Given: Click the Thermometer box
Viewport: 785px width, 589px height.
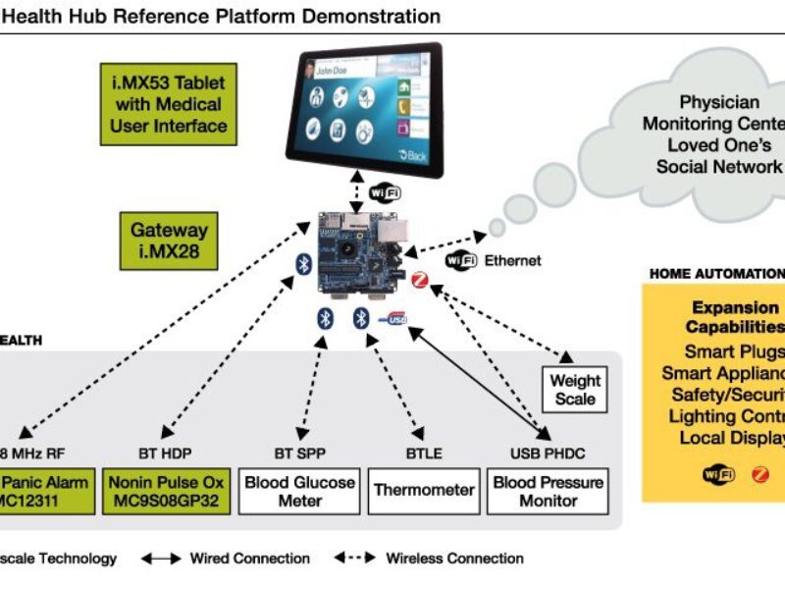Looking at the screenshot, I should [x=423, y=490].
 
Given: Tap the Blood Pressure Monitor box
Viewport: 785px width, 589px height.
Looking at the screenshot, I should [x=549, y=491].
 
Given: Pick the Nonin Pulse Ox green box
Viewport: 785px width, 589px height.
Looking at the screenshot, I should [x=166, y=491].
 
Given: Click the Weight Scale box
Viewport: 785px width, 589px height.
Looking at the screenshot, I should [x=574, y=389].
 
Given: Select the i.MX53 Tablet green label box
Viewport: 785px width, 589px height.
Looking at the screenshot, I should [x=170, y=103].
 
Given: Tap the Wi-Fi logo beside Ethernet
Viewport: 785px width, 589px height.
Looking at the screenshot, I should [x=462, y=260].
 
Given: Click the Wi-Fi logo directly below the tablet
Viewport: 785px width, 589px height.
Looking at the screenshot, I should [x=385, y=191].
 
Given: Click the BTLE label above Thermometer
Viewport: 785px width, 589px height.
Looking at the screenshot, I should [x=423, y=454].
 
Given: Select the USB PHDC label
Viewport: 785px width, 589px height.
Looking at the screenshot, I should [x=548, y=454].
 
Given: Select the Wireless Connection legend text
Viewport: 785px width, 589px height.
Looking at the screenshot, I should [x=454, y=559].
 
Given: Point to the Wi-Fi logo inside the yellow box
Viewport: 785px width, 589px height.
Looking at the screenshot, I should [x=717, y=475].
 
